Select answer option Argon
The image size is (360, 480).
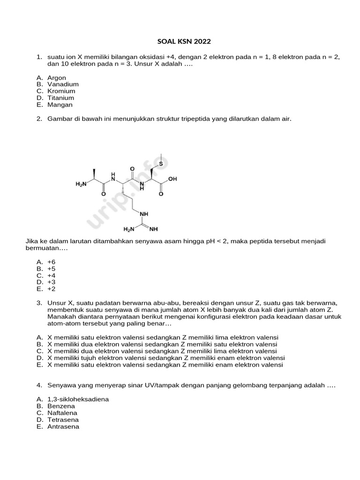57,78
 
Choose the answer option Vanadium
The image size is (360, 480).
63,84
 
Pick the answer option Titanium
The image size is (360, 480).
60,98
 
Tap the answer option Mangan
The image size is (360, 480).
60,105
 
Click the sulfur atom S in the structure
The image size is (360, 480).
161,164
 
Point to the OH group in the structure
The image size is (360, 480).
173,179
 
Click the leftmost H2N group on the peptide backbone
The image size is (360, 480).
81,185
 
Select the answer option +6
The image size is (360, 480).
51,262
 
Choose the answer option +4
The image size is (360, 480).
51,275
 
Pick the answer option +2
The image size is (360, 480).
51,289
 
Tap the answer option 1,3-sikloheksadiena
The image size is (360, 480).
78,399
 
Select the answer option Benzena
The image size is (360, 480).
61,406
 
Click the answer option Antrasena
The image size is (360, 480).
63,427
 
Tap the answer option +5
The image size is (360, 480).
51,269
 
